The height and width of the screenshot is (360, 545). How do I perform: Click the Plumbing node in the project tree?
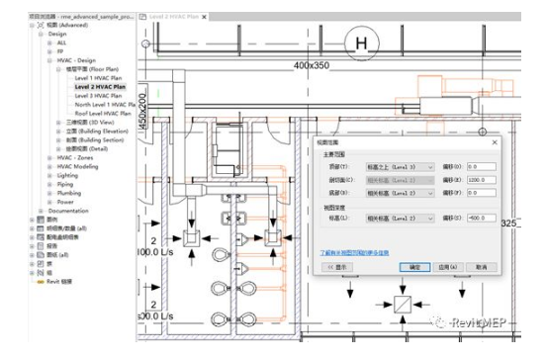[x=69, y=193]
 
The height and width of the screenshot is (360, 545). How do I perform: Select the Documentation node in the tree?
[x=68, y=211]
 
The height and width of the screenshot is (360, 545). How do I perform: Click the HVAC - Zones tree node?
[x=75, y=157]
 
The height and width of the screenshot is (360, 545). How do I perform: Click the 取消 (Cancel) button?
[x=480, y=267]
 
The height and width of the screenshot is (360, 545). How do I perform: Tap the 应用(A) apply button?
[x=447, y=267]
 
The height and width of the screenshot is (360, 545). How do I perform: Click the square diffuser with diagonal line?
[x=404, y=302]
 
